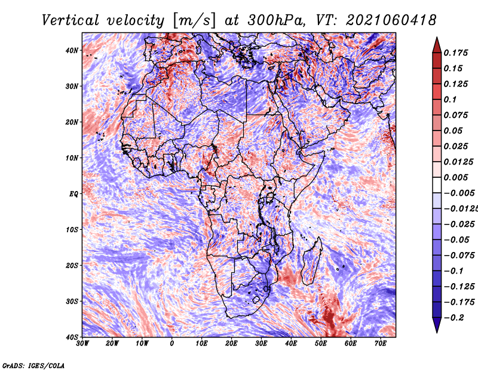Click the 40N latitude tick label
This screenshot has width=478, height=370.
coord(72,50)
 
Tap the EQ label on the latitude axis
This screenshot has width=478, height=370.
coord(73,194)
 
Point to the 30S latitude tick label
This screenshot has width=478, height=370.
coord(72,302)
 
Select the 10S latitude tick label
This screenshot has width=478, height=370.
coord(72,230)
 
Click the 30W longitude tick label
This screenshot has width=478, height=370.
coord(82,344)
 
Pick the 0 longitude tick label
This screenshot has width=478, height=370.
coord(172,344)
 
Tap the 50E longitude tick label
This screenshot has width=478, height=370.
coord(321,344)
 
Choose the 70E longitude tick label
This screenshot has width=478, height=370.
coord(381,344)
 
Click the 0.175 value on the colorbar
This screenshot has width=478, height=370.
coord(456,53)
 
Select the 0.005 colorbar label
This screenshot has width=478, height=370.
coord(456,177)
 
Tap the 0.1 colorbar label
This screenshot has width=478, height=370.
coord(451,99)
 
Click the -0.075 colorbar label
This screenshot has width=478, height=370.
coord(459,256)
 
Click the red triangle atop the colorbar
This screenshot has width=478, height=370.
coord(437,46)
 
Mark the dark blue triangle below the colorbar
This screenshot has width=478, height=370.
coord(437,324)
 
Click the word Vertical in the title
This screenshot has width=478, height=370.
coord(71,20)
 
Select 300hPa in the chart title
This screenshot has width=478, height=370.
coord(276,20)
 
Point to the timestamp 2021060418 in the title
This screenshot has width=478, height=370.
coord(391,20)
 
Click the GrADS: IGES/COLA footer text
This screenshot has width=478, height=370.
coord(33,365)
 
